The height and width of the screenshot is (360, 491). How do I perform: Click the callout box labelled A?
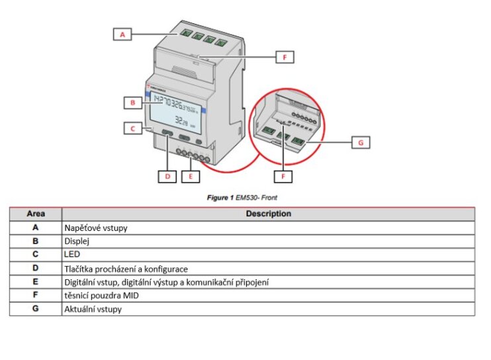click(122, 34)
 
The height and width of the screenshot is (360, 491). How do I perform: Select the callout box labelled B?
click(133, 103)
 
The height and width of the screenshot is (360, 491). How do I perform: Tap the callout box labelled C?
click(133, 128)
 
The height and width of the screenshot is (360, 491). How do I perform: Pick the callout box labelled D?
click(167, 176)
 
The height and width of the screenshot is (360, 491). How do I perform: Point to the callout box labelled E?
click(191, 176)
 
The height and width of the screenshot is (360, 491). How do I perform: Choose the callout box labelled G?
click(361, 142)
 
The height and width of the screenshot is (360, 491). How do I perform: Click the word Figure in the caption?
click(219, 197)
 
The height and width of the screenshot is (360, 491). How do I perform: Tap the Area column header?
click(36, 214)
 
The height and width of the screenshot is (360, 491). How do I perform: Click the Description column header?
click(268, 214)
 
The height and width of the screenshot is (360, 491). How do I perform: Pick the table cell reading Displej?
click(77, 241)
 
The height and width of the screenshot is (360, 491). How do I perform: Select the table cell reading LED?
click(71, 254)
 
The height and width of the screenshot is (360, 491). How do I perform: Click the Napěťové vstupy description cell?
click(96, 228)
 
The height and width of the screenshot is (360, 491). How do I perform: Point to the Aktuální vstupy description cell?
click(93, 309)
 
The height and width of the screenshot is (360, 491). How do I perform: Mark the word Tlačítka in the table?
click(79, 268)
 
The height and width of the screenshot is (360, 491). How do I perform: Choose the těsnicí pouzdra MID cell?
click(103, 295)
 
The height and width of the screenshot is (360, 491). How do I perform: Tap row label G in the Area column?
click(36, 309)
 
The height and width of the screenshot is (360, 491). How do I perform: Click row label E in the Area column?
click(36, 282)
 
